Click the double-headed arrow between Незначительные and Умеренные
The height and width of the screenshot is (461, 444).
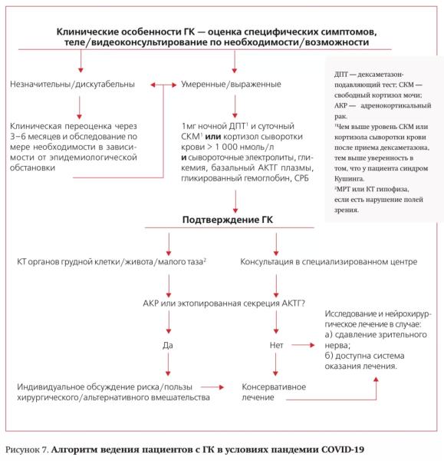click(165, 83)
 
